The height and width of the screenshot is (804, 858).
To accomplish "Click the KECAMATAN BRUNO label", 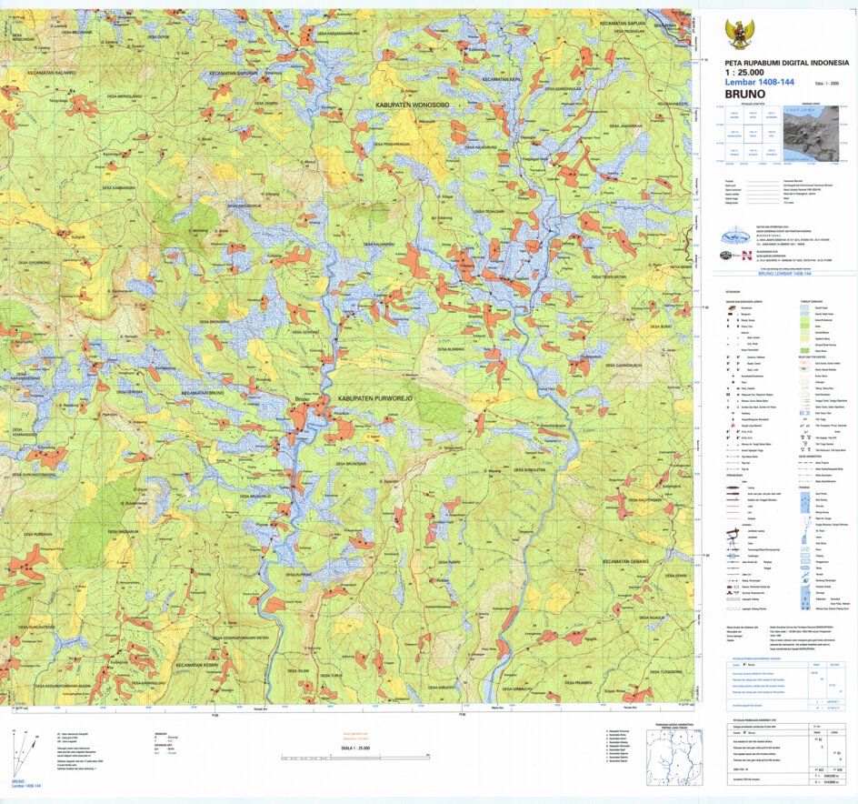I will [x=203, y=392].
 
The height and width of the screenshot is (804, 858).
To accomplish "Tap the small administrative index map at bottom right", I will [x=673, y=757].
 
